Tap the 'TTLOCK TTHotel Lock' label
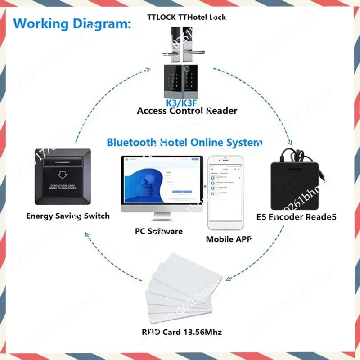pyautogui.click(x=187, y=17)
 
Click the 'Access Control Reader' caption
pyautogui.click(x=187, y=111)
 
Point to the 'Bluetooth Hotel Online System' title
pyautogui.click(x=184, y=143)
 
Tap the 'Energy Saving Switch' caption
pyautogui.click(x=67, y=216)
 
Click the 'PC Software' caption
pyautogui.click(x=159, y=231)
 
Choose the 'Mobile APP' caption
pyautogui.click(x=229, y=239)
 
